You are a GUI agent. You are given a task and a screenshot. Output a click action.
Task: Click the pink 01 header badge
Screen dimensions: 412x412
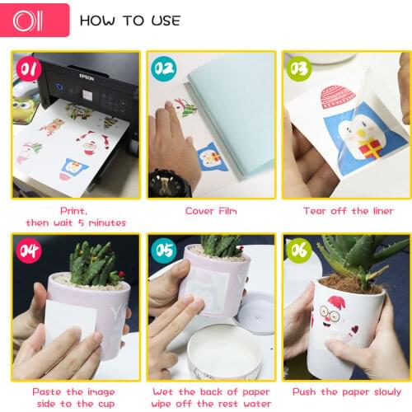35,20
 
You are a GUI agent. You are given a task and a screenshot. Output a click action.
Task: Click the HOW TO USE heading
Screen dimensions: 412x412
130,20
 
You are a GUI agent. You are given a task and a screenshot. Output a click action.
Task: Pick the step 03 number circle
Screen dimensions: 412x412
297,67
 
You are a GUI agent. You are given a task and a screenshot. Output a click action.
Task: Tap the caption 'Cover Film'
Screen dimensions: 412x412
211,211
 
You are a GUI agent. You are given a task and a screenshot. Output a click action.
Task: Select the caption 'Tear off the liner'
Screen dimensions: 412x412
348,211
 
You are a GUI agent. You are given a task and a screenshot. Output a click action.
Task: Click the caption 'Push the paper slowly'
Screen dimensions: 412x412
347,392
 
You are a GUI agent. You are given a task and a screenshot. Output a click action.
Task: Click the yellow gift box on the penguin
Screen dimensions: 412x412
369,148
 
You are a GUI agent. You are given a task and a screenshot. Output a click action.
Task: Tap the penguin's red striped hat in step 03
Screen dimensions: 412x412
338,97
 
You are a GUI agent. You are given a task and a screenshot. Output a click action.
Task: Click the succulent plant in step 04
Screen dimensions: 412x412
91,264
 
